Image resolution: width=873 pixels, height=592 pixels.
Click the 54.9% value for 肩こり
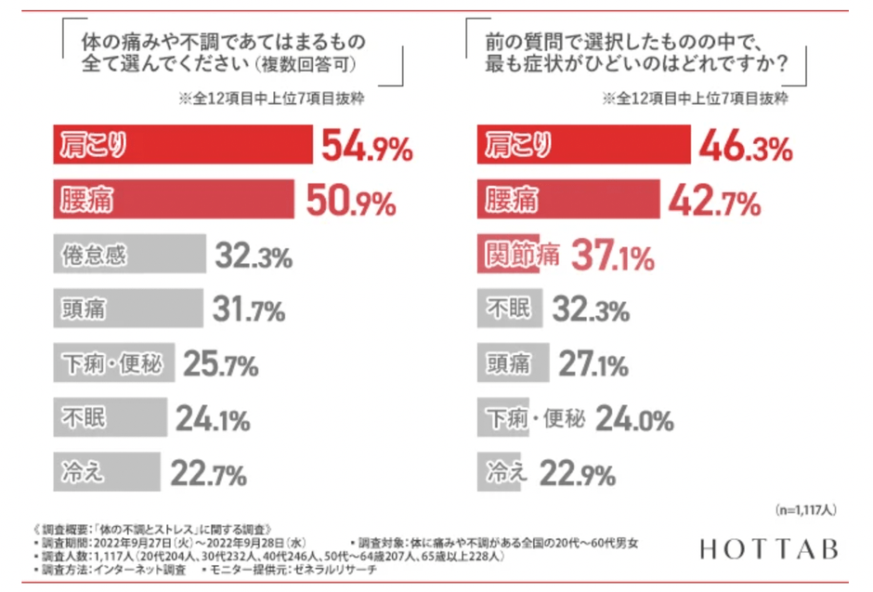[366, 147]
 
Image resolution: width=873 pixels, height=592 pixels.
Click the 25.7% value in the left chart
[220, 364]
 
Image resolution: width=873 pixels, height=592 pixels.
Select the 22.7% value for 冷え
[209, 474]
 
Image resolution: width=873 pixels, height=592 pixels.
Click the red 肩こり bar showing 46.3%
[585, 147]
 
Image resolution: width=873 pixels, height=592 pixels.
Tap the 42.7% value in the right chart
[715, 201]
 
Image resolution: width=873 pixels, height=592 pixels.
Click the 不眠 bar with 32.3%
[512, 309]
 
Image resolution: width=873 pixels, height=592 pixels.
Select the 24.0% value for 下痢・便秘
[634, 419]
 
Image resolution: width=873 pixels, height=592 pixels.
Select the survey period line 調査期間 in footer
[176, 541]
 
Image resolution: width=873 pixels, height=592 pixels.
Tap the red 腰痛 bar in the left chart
[174, 201]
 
